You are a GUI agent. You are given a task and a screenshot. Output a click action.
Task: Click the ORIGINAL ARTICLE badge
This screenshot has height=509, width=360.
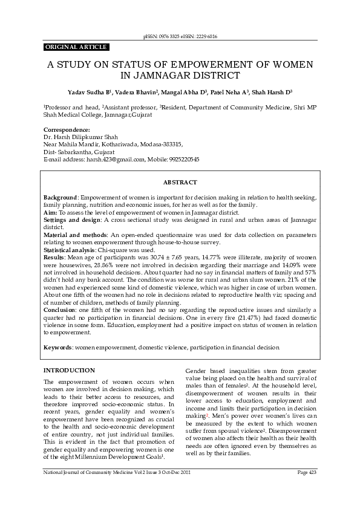[76, 47]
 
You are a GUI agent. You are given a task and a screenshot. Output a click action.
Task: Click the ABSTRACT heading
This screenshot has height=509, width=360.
[179, 182]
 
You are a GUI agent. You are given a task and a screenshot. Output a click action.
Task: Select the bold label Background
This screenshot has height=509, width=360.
[60, 198]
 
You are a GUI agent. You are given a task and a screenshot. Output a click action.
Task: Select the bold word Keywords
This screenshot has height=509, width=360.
[57, 348]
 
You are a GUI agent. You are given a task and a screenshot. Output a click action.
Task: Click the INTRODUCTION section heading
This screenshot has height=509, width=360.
[69, 370]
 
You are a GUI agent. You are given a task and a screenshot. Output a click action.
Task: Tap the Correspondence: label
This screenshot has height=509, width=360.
[67, 130]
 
